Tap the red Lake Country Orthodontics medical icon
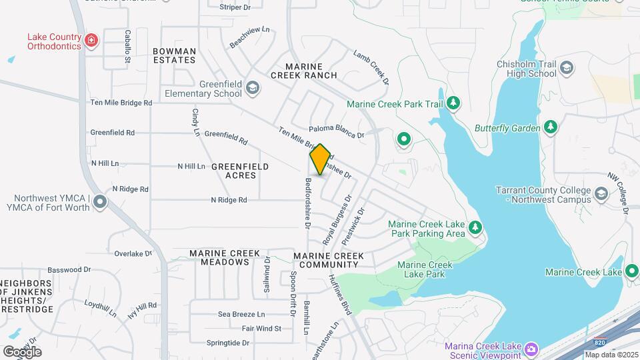coord(92,41)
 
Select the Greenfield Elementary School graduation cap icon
coord(253,88)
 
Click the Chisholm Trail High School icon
coord(567,68)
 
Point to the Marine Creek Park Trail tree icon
coord(454,103)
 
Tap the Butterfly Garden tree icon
coord(550,127)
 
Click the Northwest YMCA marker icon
coord(100,201)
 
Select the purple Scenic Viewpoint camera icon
coord(531,349)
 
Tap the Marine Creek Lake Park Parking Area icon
coord(475,228)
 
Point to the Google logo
coord(22,351)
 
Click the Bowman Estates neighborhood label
coord(174,55)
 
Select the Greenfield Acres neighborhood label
coord(240,171)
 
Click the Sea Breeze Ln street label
coord(241,314)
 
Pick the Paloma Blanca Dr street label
coord(337,132)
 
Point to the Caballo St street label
coord(127,47)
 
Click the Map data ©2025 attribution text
coord(611,355)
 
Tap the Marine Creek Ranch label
coord(304,71)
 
